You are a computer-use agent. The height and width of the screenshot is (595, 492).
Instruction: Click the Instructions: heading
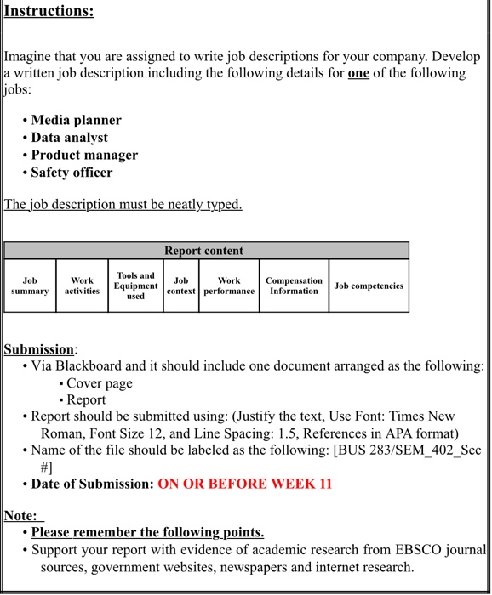49,11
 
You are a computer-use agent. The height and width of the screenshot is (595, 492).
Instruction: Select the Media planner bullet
76,120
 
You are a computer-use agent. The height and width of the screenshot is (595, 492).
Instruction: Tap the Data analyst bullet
69,137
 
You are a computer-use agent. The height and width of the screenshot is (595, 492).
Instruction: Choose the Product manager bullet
84,155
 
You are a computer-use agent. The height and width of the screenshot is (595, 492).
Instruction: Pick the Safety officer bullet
72,172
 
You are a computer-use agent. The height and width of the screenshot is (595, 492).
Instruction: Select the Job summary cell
30,286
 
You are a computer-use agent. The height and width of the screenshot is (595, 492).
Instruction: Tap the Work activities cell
82,286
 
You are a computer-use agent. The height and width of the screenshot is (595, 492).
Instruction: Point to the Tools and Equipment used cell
135,286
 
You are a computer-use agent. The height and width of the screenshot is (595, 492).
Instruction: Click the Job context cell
180,286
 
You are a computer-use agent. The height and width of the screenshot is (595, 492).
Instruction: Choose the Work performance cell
229,286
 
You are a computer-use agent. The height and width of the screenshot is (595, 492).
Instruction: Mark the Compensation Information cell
294,286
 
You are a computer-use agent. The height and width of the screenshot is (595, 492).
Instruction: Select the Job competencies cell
369,286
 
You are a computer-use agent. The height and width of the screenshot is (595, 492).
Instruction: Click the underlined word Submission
39,349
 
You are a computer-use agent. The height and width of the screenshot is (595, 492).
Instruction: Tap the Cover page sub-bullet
100,383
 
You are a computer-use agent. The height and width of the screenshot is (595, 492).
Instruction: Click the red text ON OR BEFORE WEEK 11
244,484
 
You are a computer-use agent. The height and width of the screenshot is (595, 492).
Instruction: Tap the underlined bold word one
358,73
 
